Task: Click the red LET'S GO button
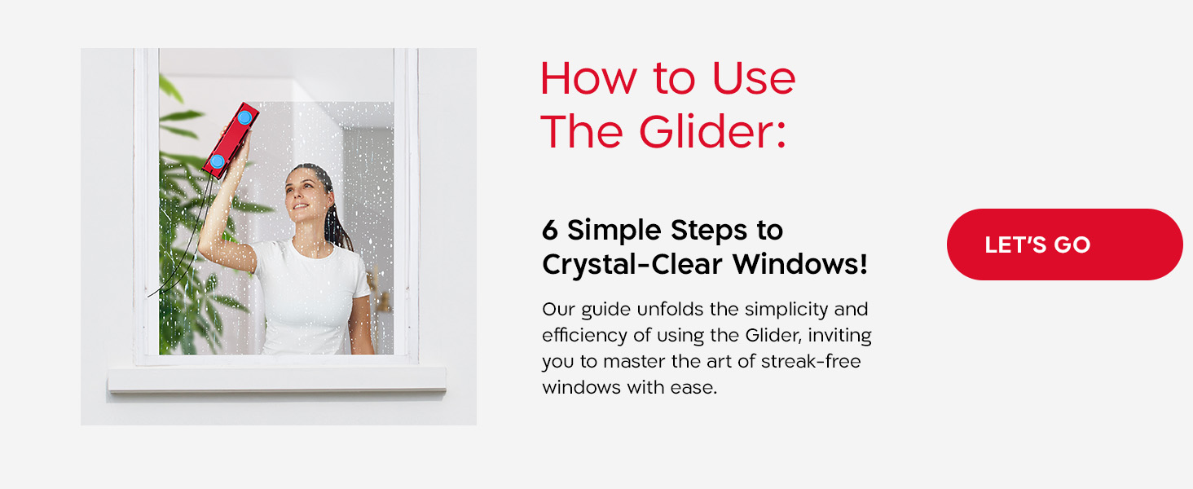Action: (x=1063, y=244)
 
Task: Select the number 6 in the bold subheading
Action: (x=550, y=231)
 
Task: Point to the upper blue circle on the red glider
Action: (x=244, y=118)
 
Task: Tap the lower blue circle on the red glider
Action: (x=218, y=161)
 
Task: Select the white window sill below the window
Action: (x=277, y=378)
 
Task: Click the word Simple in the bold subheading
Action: (x=615, y=231)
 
